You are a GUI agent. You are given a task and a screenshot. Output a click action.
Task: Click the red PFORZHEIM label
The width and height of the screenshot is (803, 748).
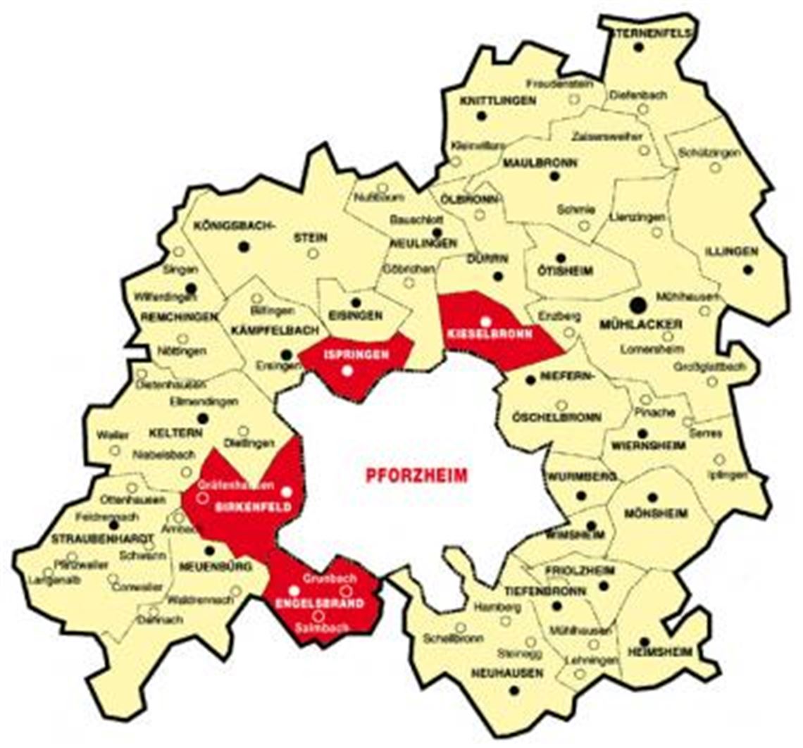[416, 475]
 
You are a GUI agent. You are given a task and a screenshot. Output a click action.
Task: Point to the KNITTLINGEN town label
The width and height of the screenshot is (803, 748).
[497, 101]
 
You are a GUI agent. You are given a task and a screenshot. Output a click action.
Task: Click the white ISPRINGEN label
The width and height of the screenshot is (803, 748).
[347, 356]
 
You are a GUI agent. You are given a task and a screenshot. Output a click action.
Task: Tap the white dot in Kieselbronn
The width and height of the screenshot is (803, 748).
[485, 322]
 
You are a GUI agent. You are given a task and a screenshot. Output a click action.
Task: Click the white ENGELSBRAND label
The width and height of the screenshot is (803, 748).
[309, 604]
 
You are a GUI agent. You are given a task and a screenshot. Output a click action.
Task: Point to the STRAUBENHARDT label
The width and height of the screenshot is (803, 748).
[103, 539]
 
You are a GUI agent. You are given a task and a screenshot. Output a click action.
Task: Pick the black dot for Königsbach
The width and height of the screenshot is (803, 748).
[244, 247]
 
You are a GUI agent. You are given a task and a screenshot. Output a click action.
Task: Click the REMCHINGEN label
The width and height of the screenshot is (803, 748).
[180, 318]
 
